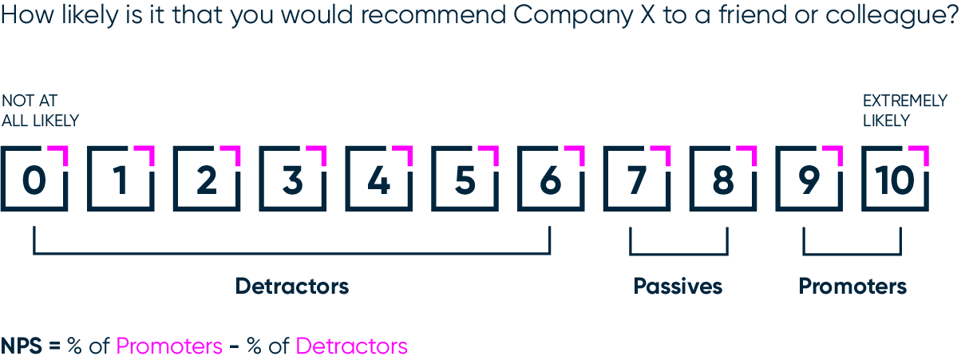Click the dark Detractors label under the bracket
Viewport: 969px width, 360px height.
pos(292,286)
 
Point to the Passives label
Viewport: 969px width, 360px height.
pos(678,286)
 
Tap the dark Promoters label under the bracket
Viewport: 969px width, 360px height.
pos(852,286)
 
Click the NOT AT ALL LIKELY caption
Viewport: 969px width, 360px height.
pos(40,111)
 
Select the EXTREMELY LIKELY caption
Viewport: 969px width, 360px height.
pos(904,111)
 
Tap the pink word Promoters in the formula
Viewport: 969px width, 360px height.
pos(169,346)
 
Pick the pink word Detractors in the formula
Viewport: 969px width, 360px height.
pos(351,346)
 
